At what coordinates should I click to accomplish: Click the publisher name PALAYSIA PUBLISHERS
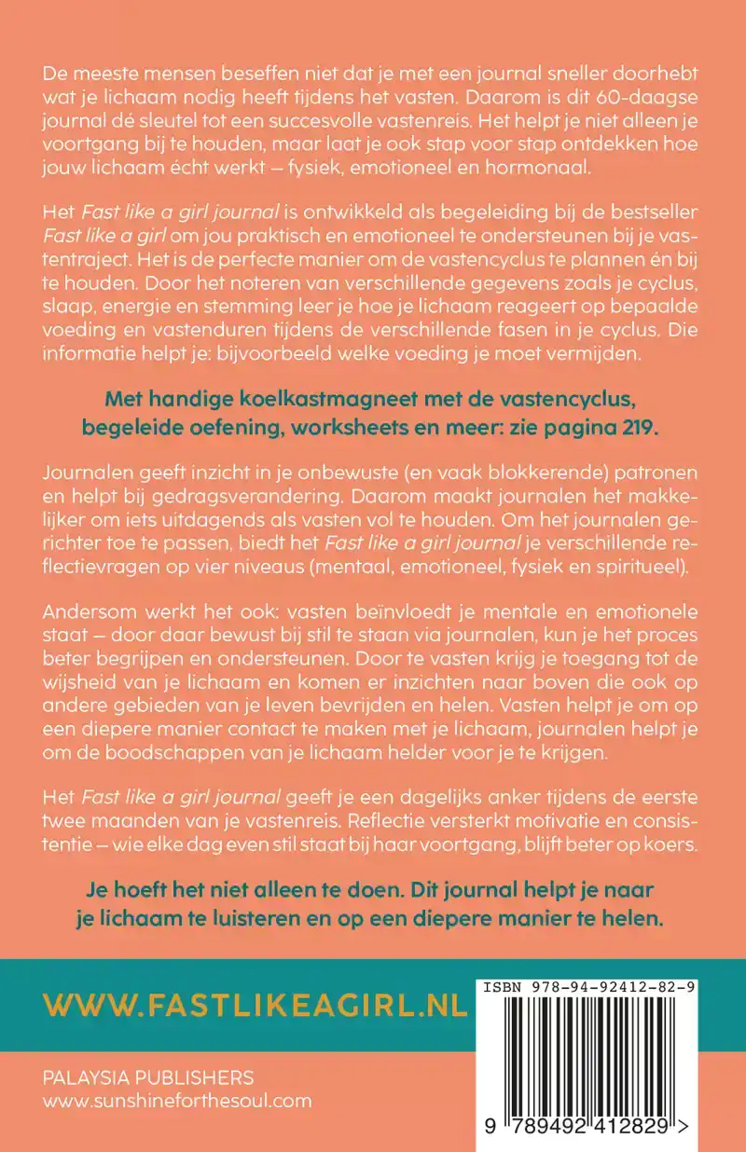pyautogui.click(x=148, y=1077)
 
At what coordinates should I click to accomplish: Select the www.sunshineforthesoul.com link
pyautogui.click(x=177, y=1101)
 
